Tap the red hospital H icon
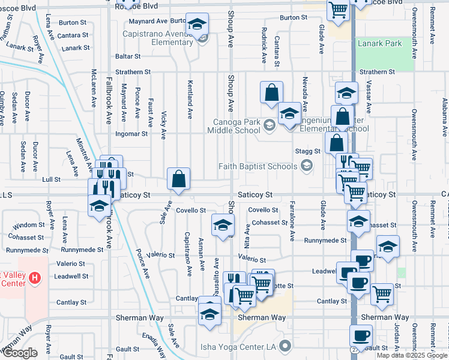(x=35, y=278)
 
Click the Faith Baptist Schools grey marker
(x=307, y=166)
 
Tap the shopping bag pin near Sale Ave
(x=179, y=179)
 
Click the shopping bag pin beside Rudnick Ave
(x=271, y=92)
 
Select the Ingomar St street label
(x=131, y=133)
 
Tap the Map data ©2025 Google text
(x=412, y=355)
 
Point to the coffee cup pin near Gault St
(x=360, y=336)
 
